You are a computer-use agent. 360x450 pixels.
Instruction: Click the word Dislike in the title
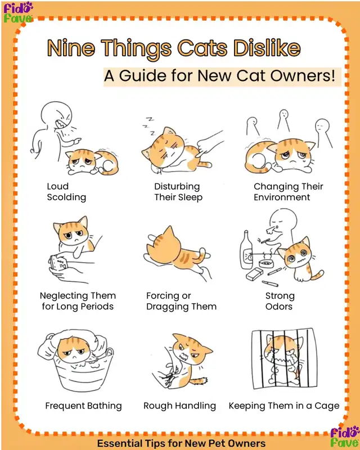(267, 48)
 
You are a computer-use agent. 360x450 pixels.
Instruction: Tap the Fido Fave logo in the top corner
(18, 12)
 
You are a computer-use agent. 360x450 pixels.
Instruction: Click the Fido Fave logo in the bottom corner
(344, 437)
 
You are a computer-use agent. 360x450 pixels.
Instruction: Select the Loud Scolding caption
(66, 192)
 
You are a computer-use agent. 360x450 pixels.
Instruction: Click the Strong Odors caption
(280, 301)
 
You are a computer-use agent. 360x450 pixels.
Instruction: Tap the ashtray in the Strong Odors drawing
(265, 263)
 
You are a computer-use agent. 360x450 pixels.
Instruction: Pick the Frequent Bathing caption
(84, 406)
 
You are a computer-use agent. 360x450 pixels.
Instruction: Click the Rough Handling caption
(179, 406)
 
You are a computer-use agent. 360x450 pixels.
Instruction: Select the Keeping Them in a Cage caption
(284, 406)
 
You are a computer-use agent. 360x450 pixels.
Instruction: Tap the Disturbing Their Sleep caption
(178, 192)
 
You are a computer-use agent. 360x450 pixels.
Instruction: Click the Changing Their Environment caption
(288, 192)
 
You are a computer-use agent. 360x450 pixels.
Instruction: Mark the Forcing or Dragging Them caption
(182, 301)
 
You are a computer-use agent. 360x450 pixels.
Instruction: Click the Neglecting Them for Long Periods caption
(78, 301)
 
